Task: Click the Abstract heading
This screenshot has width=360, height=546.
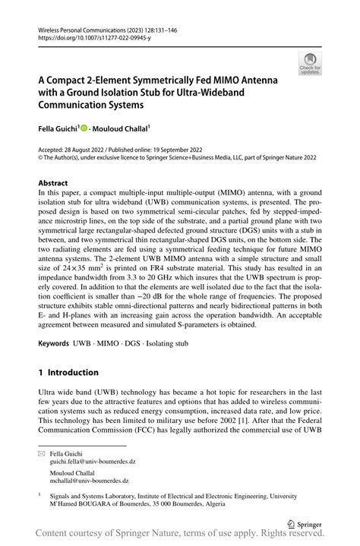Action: [53, 183]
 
